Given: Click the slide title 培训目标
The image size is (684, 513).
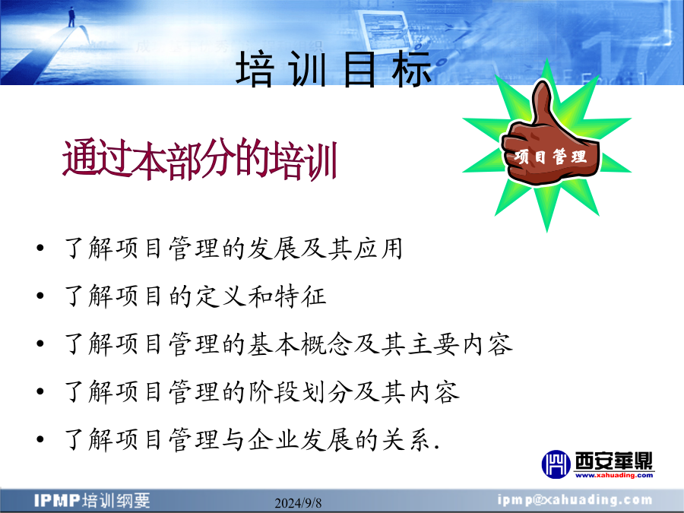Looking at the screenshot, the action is [334, 69].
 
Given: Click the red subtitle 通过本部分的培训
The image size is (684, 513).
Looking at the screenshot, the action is [200, 160].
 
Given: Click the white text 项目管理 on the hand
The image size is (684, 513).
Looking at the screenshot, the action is [550, 157].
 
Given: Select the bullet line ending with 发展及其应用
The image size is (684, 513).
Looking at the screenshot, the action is [233, 249].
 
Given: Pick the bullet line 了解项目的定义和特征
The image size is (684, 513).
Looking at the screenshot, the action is [195, 296].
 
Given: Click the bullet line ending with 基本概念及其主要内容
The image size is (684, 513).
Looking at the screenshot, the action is [288, 344].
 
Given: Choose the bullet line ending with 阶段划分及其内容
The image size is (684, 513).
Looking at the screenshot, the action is [261, 391].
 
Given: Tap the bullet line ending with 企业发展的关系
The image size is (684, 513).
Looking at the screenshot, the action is [252, 439].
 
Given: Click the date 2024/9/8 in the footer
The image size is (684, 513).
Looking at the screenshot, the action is [298, 503].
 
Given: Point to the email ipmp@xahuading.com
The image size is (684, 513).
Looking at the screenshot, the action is [575, 500].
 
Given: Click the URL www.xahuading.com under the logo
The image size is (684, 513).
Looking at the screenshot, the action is [614, 475].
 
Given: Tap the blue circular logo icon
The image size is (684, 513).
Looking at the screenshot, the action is [556, 464].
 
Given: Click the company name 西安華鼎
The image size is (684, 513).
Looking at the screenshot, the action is [614, 461].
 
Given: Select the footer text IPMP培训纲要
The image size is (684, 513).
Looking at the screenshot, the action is [92, 500].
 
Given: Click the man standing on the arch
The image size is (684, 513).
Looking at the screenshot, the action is [71, 17].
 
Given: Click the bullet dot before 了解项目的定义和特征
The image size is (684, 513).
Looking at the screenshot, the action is [40, 296].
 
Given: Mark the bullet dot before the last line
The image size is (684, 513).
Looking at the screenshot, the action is [40, 439].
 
